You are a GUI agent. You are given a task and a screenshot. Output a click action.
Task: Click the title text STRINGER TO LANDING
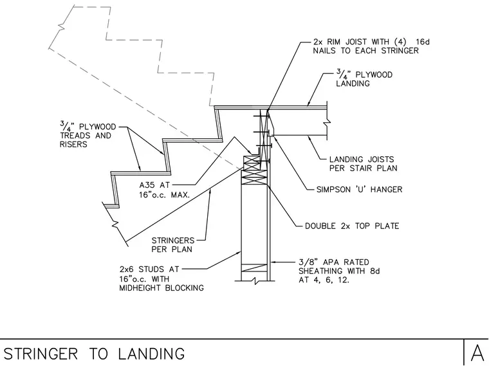pyautogui.click(x=94, y=354)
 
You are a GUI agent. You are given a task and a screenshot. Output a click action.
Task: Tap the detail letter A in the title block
pyautogui.click(x=477, y=353)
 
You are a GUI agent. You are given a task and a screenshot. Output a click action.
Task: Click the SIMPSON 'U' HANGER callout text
pyautogui.click(x=359, y=189)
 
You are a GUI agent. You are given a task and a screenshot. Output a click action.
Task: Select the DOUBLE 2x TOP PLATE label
pyautogui.click(x=352, y=226)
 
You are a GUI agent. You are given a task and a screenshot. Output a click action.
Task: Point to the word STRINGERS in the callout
pyautogui.click(x=173, y=241)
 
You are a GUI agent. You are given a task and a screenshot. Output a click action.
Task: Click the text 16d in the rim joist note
pyautogui.click(x=423, y=42)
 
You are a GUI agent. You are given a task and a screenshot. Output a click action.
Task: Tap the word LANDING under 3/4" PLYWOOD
pyautogui.click(x=353, y=84)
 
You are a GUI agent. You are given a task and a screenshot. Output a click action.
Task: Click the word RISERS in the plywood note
pyautogui.click(x=73, y=144)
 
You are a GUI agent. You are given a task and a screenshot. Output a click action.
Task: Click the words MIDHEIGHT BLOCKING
pyautogui.click(x=161, y=288)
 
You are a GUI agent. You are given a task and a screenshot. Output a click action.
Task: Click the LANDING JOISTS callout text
pyautogui.click(x=362, y=160)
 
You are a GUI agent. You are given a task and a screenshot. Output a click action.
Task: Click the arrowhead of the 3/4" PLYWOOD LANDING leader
pyautogui.click(x=308, y=104)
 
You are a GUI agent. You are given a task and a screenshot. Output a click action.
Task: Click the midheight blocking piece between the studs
pyautogui.click(x=255, y=268)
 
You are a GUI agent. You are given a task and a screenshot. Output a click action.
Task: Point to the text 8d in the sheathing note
pyautogui.click(x=375, y=271)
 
